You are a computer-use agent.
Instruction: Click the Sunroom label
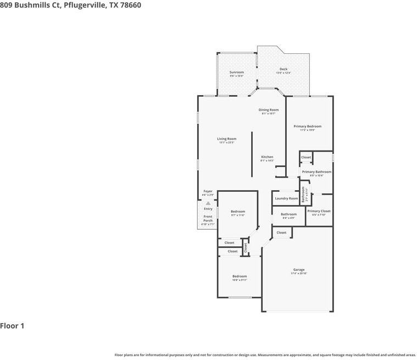coord(236,72)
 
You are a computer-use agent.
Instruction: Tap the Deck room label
coord(283,69)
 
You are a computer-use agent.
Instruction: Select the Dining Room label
coord(269,110)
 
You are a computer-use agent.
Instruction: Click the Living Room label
coord(226,139)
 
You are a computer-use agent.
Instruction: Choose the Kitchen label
coord(266,157)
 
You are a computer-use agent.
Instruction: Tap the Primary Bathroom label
coord(316,172)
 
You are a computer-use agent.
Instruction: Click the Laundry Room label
coord(286,198)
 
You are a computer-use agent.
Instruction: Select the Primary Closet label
coord(319,211)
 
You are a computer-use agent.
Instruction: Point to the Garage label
coord(298,270)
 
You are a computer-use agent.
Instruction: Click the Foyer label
coord(208,191)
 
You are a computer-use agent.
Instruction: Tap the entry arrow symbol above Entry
coord(208,203)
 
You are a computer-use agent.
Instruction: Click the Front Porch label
coord(208,219)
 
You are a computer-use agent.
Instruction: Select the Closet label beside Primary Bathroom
coord(306,157)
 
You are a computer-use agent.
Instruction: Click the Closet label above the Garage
coord(281,232)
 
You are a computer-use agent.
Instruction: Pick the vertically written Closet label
coord(246,248)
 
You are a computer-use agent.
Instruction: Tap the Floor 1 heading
coord(12,326)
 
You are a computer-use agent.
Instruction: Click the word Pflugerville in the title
coord(82,5)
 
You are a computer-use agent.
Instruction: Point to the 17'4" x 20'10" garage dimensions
coord(298,274)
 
